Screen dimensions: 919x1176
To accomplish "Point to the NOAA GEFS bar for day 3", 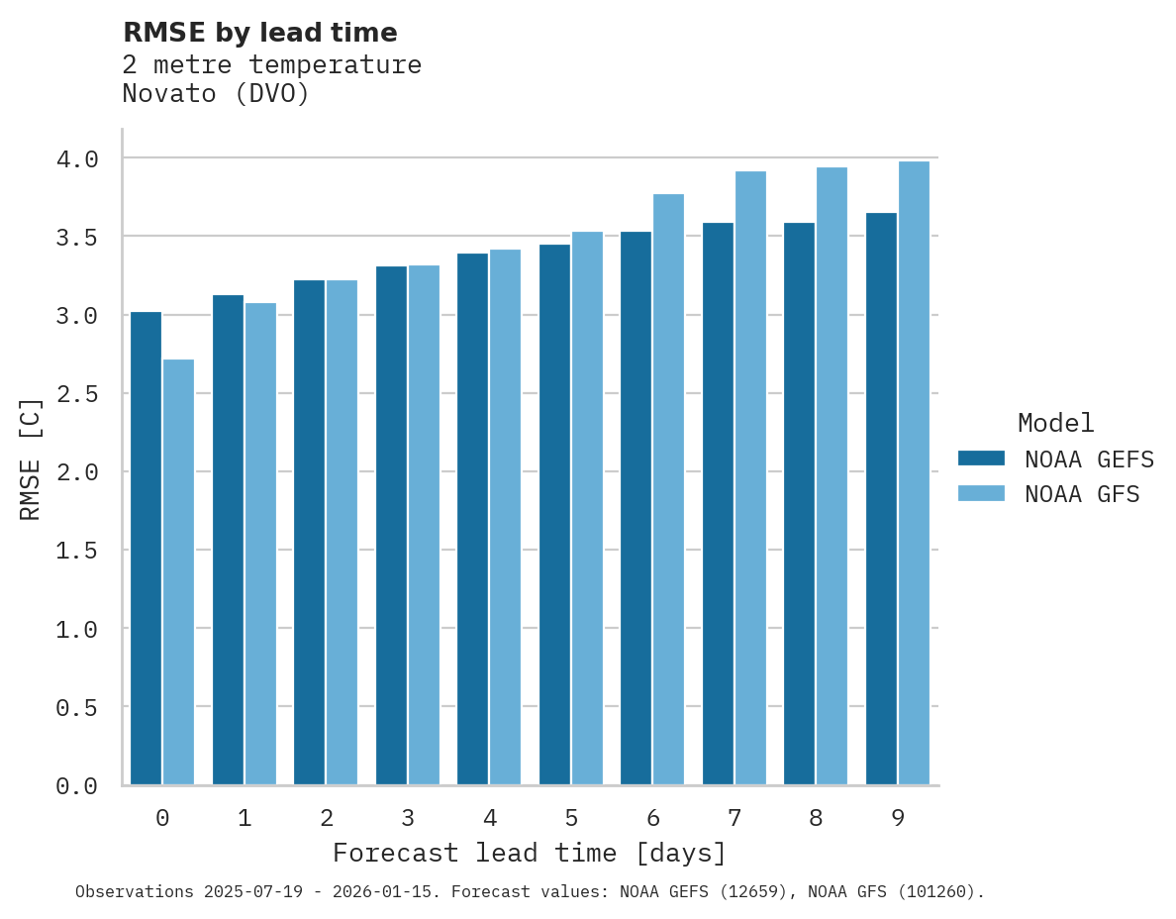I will tap(391, 525).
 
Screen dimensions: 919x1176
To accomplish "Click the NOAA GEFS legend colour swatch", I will tap(981, 459).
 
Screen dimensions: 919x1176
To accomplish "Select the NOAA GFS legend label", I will tap(1082, 494).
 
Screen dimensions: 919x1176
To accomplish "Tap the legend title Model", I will tap(1056, 423).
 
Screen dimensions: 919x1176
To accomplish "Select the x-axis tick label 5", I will tap(571, 818).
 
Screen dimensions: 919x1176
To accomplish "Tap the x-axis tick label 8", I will tap(816, 818).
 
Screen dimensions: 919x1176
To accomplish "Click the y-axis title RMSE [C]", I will tap(31, 459).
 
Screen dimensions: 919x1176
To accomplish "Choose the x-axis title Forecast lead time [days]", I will tap(530, 853).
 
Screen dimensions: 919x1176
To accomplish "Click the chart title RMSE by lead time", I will tap(260, 33).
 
